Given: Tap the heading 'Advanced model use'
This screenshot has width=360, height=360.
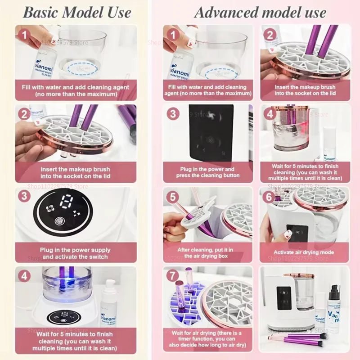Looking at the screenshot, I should click(x=260, y=12).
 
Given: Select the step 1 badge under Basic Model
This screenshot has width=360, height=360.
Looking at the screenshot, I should click(x=24, y=34).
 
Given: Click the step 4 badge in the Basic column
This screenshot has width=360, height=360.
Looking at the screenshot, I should click(x=24, y=275).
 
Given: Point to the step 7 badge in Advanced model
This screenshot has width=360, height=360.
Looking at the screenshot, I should click(x=172, y=275).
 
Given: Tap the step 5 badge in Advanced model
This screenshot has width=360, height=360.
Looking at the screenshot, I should click(x=172, y=197).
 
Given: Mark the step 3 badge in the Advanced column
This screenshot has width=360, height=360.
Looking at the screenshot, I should click(x=172, y=113).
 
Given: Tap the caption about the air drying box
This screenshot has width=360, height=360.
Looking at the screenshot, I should click(x=206, y=252).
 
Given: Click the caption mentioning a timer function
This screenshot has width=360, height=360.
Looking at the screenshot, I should click(x=206, y=339).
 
